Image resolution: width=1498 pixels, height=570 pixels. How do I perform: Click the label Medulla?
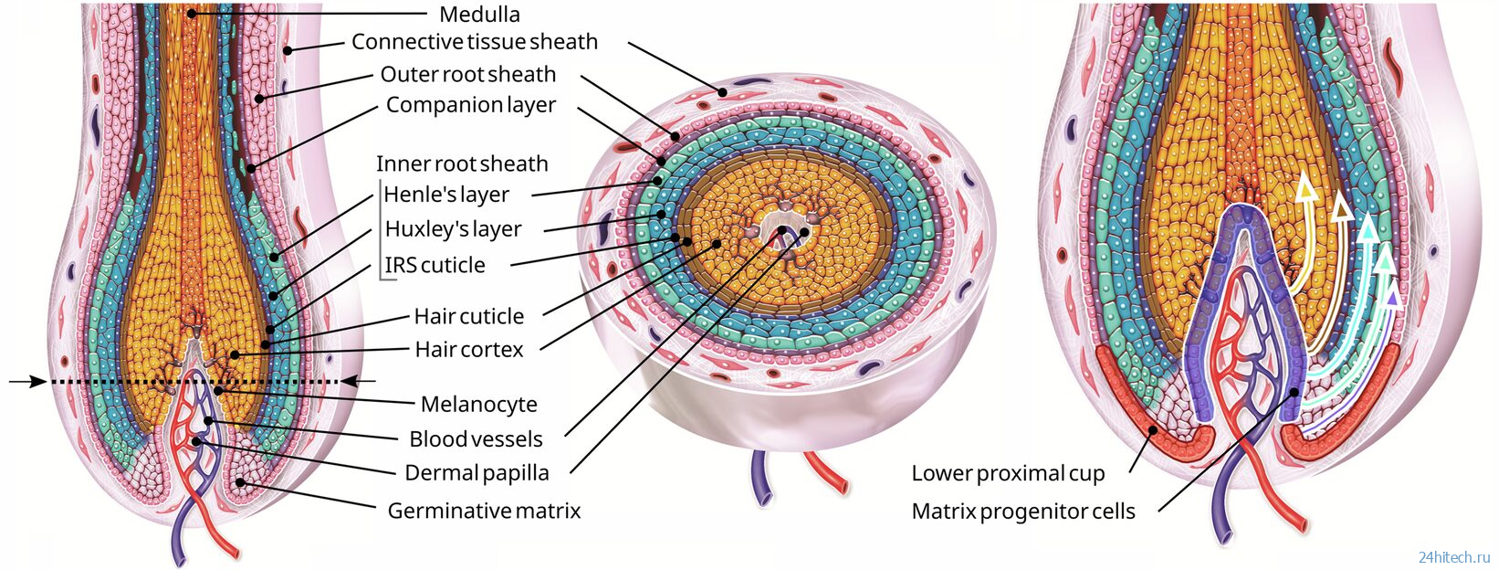click(x=479, y=15)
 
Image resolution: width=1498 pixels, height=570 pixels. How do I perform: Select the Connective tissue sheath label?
click(x=474, y=42)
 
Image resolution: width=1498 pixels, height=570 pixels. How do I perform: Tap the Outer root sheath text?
click(x=467, y=74)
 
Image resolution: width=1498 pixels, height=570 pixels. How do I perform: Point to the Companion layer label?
click(x=470, y=105)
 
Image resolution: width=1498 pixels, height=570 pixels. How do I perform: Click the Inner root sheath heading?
click(x=462, y=164)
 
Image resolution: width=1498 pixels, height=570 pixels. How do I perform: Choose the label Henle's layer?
click(x=446, y=195)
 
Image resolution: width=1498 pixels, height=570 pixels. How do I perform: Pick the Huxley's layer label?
click(x=453, y=229)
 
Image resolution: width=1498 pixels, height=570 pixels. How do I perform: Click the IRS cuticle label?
click(x=435, y=266)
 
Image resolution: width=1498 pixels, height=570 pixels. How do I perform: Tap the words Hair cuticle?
click(x=468, y=317)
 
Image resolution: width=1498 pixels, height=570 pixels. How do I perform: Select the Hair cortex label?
click(x=468, y=350)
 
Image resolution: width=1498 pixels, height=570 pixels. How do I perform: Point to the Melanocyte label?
click(x=478, y=405)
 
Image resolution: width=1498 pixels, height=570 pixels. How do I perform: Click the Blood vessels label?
click(x=476, y=439)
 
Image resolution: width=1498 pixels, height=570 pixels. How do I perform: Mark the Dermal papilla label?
click(x=477, y=473)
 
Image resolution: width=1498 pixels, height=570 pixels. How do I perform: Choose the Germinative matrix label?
click(x=484, y=511)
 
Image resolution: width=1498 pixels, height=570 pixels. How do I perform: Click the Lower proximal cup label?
click(x=1008, y=474)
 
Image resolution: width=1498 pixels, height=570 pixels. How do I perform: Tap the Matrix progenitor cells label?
click(x=1023, y=512)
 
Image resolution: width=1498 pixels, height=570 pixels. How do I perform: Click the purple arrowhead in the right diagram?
click(x=1392, y=296)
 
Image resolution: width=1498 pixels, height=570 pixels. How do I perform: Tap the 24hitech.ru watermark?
click(x=1455, y=557)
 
